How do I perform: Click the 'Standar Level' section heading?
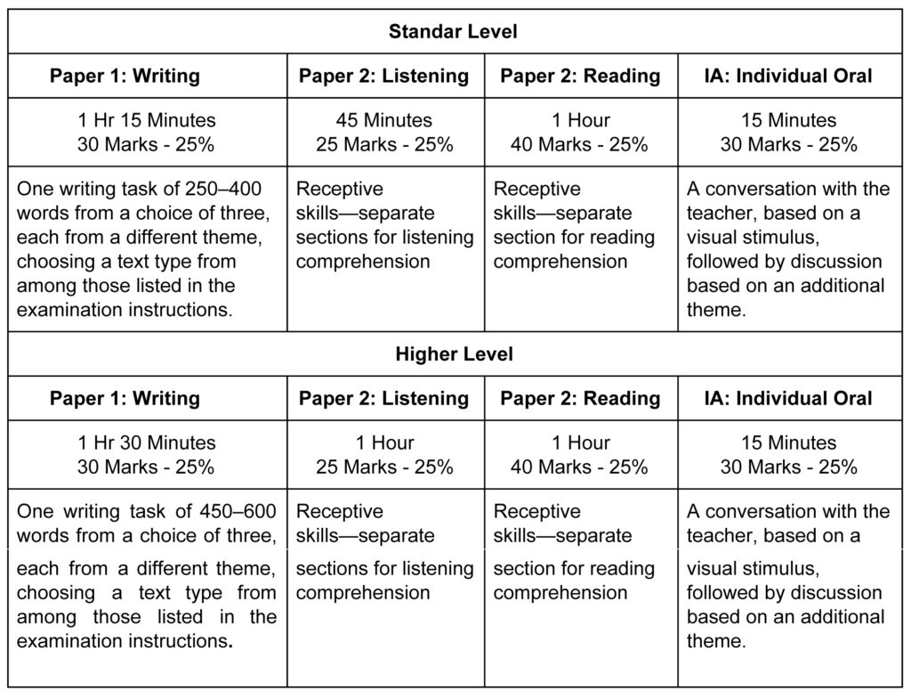click(453, 32)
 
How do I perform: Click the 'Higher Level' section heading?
click(454, 354)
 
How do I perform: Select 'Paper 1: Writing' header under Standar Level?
click(125, 77)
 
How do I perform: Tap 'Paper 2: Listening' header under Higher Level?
click(383, 399)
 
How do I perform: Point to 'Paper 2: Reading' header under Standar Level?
click(580, 77)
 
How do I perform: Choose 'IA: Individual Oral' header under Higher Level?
click(787, 399)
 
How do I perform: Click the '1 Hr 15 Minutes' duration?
click(147, 120)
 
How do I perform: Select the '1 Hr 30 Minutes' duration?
click(147, 442)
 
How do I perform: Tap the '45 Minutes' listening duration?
click(384, 120)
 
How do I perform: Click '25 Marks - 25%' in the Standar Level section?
click(384, 144)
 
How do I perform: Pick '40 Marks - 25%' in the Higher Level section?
click(580, 467)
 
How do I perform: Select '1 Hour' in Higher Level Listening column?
click(384, 442)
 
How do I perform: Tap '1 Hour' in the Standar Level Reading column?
click(581, 120)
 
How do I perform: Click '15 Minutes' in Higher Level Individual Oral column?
click(789, 442)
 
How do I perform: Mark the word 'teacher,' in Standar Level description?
click(719, 214)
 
